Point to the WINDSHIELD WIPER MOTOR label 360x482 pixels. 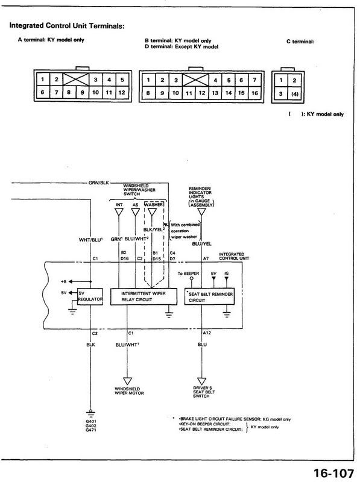127,389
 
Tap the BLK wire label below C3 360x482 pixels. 90,345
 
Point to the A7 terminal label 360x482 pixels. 206,258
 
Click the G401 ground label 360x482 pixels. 91,421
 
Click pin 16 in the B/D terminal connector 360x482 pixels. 254,93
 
